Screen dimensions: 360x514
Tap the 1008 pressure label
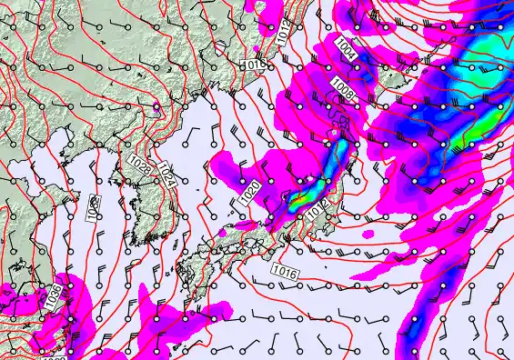tap(342, 88)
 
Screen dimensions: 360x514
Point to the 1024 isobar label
tap(166, 174)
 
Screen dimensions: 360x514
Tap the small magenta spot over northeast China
tap(156, 107)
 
